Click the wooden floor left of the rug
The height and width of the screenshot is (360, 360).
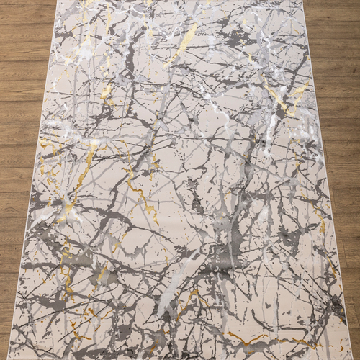click(22, 180)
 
